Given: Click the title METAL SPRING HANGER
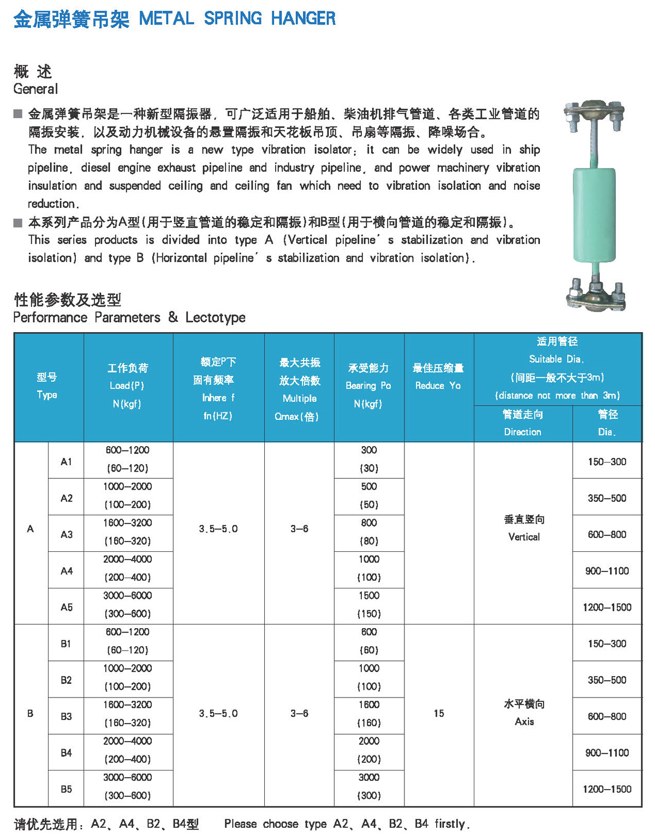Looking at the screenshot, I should tap(237, 19).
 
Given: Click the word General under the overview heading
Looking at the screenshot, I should tap(35, 89).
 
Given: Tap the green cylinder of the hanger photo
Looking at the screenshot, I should tap(594, 215).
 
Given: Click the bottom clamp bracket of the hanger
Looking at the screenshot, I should tap(596, 295).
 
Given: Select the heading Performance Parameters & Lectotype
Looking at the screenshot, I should tap(129, 317).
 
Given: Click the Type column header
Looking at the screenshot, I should tap(47, 386).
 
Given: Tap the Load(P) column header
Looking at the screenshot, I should tap(127, 386).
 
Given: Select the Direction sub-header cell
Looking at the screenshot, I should tap(522, 423).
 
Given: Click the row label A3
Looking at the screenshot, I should tap(67, 534).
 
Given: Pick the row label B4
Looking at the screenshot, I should tap(67, 753).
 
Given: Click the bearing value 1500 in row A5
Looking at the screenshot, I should tap(369, 596).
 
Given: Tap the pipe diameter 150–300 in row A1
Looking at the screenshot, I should tap(607, 461).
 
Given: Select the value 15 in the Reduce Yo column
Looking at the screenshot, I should tap(439, 713).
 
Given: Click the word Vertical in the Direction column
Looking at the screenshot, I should tap(524, 537).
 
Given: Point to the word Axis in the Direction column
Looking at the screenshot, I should tap(524, 721).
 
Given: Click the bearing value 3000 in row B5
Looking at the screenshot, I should tap(369, 777).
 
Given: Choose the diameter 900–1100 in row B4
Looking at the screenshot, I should tap(607, 753).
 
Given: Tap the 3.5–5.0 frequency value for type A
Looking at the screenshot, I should tap(218, 529).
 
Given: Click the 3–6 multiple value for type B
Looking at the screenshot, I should tap(299, 713).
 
